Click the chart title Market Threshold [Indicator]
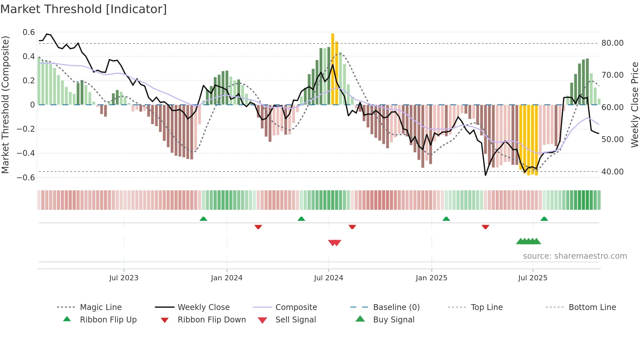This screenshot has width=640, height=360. [x=84, y=9]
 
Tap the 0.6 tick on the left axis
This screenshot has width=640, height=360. [x=29, y=32]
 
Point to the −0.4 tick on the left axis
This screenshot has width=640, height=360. [x=26, y=153]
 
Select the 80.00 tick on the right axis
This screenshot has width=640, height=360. [x=612, y=43]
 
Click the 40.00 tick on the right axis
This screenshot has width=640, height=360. [x=612, y=172]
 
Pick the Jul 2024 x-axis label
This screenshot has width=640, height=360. [x=328, y=278]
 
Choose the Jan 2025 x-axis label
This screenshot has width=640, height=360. [x=431, y=278]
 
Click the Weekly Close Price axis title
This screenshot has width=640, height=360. [x=634, y=105]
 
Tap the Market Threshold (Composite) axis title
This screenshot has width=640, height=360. [x=5, y=105]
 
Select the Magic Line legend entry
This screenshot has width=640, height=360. [x=101, y=307]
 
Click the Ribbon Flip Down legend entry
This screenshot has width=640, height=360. [x=212, y=320]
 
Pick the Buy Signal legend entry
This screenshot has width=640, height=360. [x=393, y=320]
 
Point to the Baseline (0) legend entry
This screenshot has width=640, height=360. [x=396, y=307]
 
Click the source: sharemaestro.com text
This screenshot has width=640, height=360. [x=575, y=256]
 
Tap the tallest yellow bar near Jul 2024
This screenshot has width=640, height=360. [x=332, y=69]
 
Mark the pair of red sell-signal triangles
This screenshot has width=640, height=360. [x=335, y=243]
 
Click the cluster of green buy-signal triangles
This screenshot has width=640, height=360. [x=528, y=241]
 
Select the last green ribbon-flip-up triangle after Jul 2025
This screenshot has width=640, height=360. [x=544, y=219]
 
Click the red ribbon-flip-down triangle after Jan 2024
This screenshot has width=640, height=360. [x=258, y=227]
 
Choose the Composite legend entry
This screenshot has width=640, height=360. [x=296, y=307]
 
